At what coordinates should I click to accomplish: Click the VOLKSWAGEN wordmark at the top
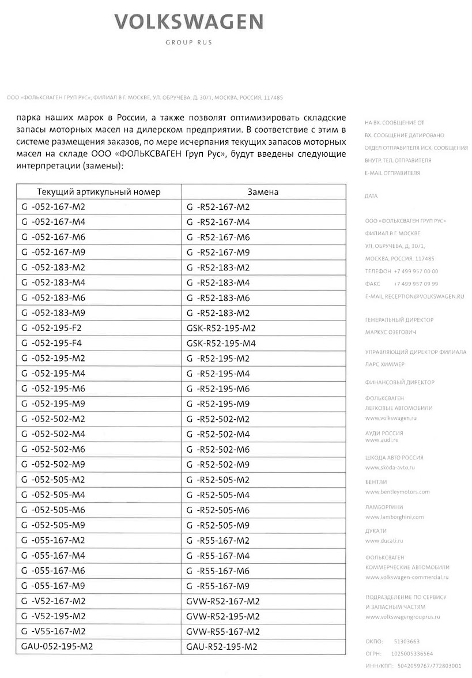189,22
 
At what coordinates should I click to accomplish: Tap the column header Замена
263,192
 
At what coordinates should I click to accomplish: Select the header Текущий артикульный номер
99,192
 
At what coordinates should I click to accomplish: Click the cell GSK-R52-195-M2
221,328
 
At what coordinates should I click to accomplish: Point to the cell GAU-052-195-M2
56,646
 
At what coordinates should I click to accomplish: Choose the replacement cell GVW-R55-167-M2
223,631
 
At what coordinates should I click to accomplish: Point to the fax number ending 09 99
416,284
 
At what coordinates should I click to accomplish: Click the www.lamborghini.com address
394,517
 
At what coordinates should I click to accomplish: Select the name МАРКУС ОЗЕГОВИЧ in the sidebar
391,333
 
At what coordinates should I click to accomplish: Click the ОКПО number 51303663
406,641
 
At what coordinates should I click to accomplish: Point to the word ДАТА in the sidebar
372,197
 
